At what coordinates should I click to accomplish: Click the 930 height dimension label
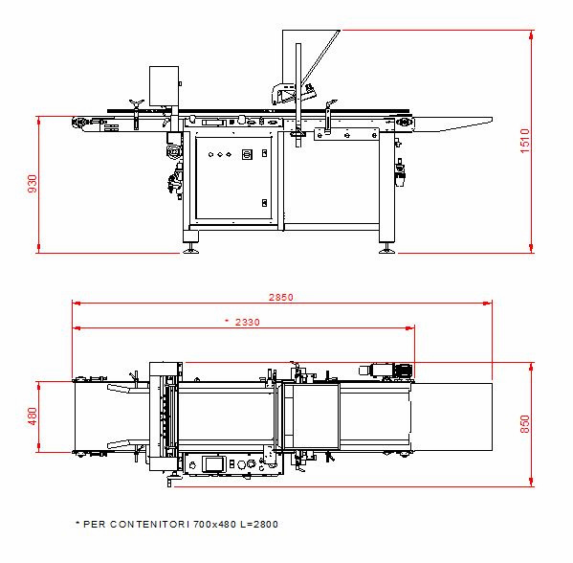pos(33,184)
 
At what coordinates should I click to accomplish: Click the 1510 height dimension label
pos(525,141)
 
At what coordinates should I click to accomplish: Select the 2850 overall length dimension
pos(281,297)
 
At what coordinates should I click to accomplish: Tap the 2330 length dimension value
pos(248,322)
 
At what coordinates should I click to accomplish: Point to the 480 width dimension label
pos(33,417)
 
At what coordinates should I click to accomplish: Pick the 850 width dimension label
pos(525,424)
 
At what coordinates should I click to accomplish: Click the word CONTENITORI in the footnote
pos(149,525)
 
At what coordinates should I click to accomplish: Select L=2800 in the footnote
pos(259,525)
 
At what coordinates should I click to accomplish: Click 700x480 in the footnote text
pos(214,525)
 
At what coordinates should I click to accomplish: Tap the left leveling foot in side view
pos(190,251)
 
